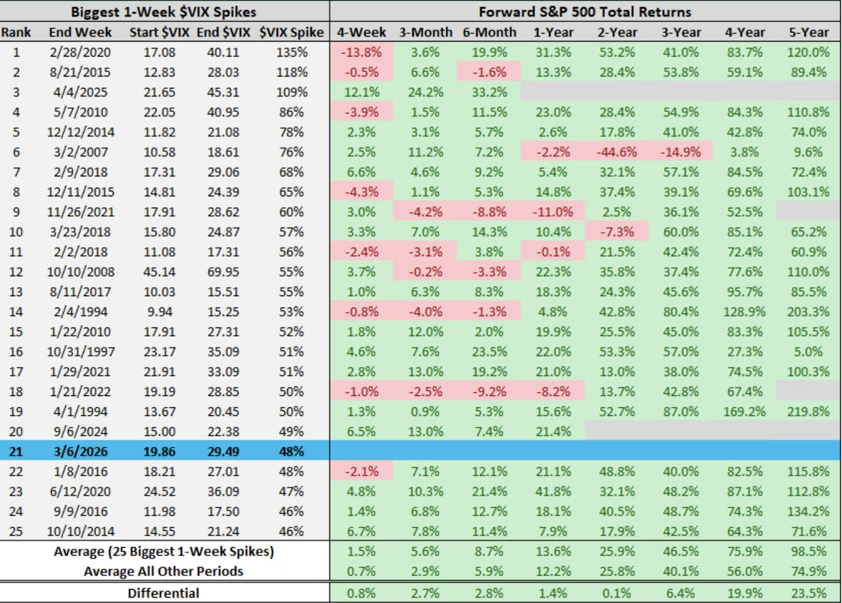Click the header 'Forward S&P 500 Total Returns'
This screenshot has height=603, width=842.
[x=585, y=11]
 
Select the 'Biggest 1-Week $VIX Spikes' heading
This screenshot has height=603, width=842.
[x=164, y=11]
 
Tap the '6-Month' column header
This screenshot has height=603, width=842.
[x=489, y=32]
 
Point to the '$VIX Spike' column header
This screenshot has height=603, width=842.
[x=292, y=32]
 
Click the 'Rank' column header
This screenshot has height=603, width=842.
[x=16, y=32]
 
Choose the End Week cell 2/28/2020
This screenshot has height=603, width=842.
[x=80, y=52]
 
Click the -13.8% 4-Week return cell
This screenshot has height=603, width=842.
[x=361, y=52]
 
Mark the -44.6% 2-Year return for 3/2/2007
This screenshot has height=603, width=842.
[x=616, y=152]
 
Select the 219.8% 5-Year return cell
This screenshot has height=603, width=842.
[x=808, y=412]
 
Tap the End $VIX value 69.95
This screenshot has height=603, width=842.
[x=223, y=272]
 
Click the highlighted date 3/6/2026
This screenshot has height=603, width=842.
[x=80, y=451]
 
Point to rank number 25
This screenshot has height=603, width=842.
[x=16, y=531]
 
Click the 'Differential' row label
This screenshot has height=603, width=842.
[x=163, y=593]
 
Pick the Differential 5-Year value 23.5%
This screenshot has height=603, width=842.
[x=808, y=593]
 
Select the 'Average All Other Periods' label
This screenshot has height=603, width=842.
[x=163, y=571]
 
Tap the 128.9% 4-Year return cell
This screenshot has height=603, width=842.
[x=745, y=312]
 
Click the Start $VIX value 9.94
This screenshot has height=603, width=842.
[x=159, y=312]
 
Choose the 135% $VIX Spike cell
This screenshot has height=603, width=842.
[x=292, y=52]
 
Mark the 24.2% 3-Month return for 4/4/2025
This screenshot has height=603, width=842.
[x=425, y=92]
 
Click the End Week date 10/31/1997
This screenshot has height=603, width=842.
[x=81, y=351]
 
